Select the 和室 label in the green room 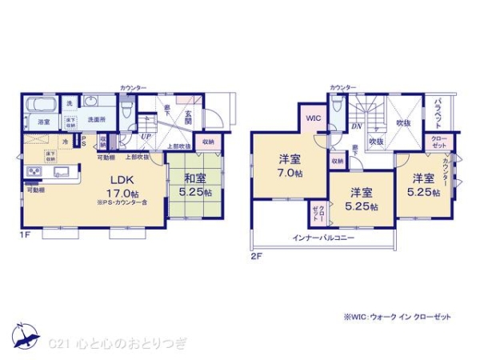tap(195, 178)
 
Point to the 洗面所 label tap(97, 120)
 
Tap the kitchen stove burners tap(36, 172)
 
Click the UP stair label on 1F tap(146, 137)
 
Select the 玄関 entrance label tap(188, 118)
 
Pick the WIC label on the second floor tap(311, 118)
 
